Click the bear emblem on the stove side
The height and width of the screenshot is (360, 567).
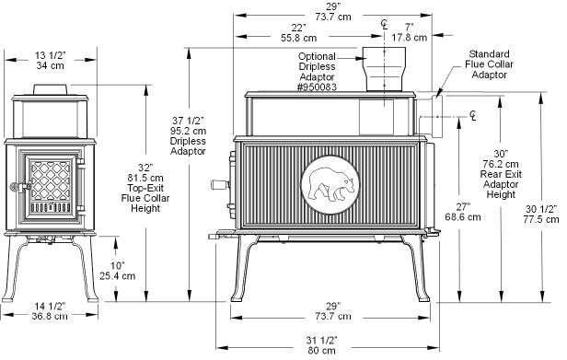330,185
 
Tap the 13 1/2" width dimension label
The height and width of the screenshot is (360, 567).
51,61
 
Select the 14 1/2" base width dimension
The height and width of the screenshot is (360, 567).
50,311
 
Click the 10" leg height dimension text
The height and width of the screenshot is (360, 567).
118,271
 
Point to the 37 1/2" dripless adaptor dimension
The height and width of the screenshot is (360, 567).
188,135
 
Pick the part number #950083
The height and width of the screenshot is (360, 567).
318,87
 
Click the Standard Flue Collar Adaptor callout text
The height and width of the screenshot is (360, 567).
489,64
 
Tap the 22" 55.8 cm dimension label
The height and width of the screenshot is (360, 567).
298,32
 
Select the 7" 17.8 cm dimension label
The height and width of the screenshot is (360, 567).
409,32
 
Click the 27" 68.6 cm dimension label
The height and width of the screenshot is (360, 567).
463,212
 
